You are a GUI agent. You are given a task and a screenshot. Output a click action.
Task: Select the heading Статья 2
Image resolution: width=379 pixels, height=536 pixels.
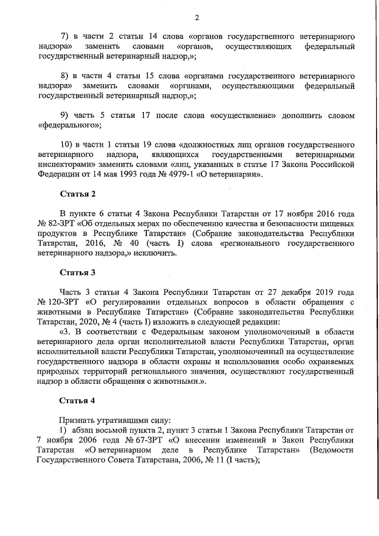click(x=77, y=194)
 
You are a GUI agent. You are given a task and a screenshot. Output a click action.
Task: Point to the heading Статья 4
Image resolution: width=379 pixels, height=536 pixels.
click(x=77, y=401)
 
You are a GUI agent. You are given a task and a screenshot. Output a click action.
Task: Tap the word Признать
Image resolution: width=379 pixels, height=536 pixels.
click(x=78, y=420)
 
